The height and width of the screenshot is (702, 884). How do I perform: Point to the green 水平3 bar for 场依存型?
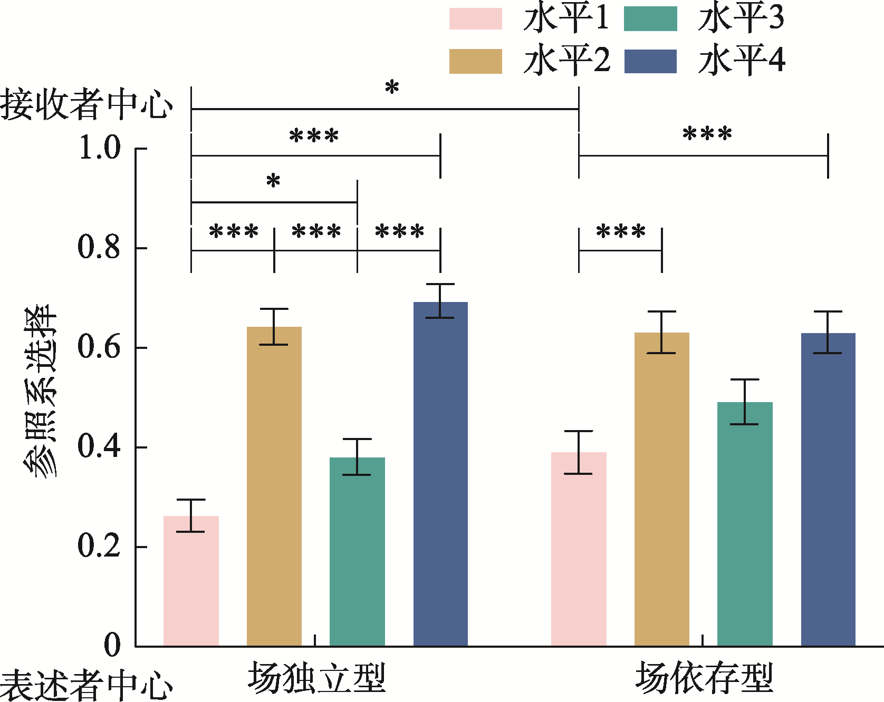pyautogui.click(x=745, y=524)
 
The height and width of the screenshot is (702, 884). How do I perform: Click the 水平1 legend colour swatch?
pyautogui.click(x=475, y=19)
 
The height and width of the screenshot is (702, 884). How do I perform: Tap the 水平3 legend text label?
pyautogui.click(x=741, y=19)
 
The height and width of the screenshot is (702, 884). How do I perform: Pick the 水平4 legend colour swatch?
pyautogui.click(x=650, y=61)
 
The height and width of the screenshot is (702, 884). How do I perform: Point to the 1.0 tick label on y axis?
pyautogui.click(x=100, y=148)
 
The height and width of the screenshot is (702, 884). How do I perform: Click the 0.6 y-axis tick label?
pyautogui.click(x=100, y=347)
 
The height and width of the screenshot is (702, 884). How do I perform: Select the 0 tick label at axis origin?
pyautogui.click(x=112, y=645)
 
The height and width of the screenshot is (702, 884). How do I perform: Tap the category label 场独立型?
pyautogui.click(x=316, y=678)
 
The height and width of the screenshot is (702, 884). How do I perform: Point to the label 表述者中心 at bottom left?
pyautogui.click(x=87, y=685)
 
